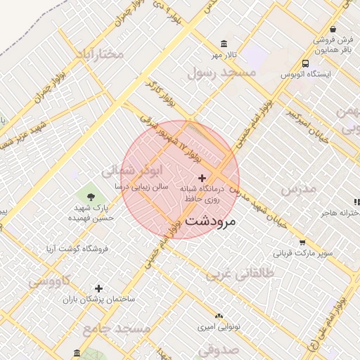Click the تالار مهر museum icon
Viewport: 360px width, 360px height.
click(224, 44)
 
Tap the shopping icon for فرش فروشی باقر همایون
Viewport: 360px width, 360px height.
click(333, 30)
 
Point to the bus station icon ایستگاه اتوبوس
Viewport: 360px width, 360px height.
click(306, 63)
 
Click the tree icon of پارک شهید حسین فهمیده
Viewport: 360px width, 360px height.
click(90, 195)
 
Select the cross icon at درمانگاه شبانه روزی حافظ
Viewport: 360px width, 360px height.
click(202, 178)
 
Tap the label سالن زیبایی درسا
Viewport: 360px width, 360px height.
click(143, 187)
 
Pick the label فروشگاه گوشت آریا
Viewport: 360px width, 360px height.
click(76, 248)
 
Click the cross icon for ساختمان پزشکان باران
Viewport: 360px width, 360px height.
click(98, 288)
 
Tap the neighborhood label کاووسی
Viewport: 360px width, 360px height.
click(49, 281)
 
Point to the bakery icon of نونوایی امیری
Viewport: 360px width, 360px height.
click(219, 316)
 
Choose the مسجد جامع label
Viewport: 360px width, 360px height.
click(116, 329)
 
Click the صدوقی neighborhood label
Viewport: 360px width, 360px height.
click(219, 349)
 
